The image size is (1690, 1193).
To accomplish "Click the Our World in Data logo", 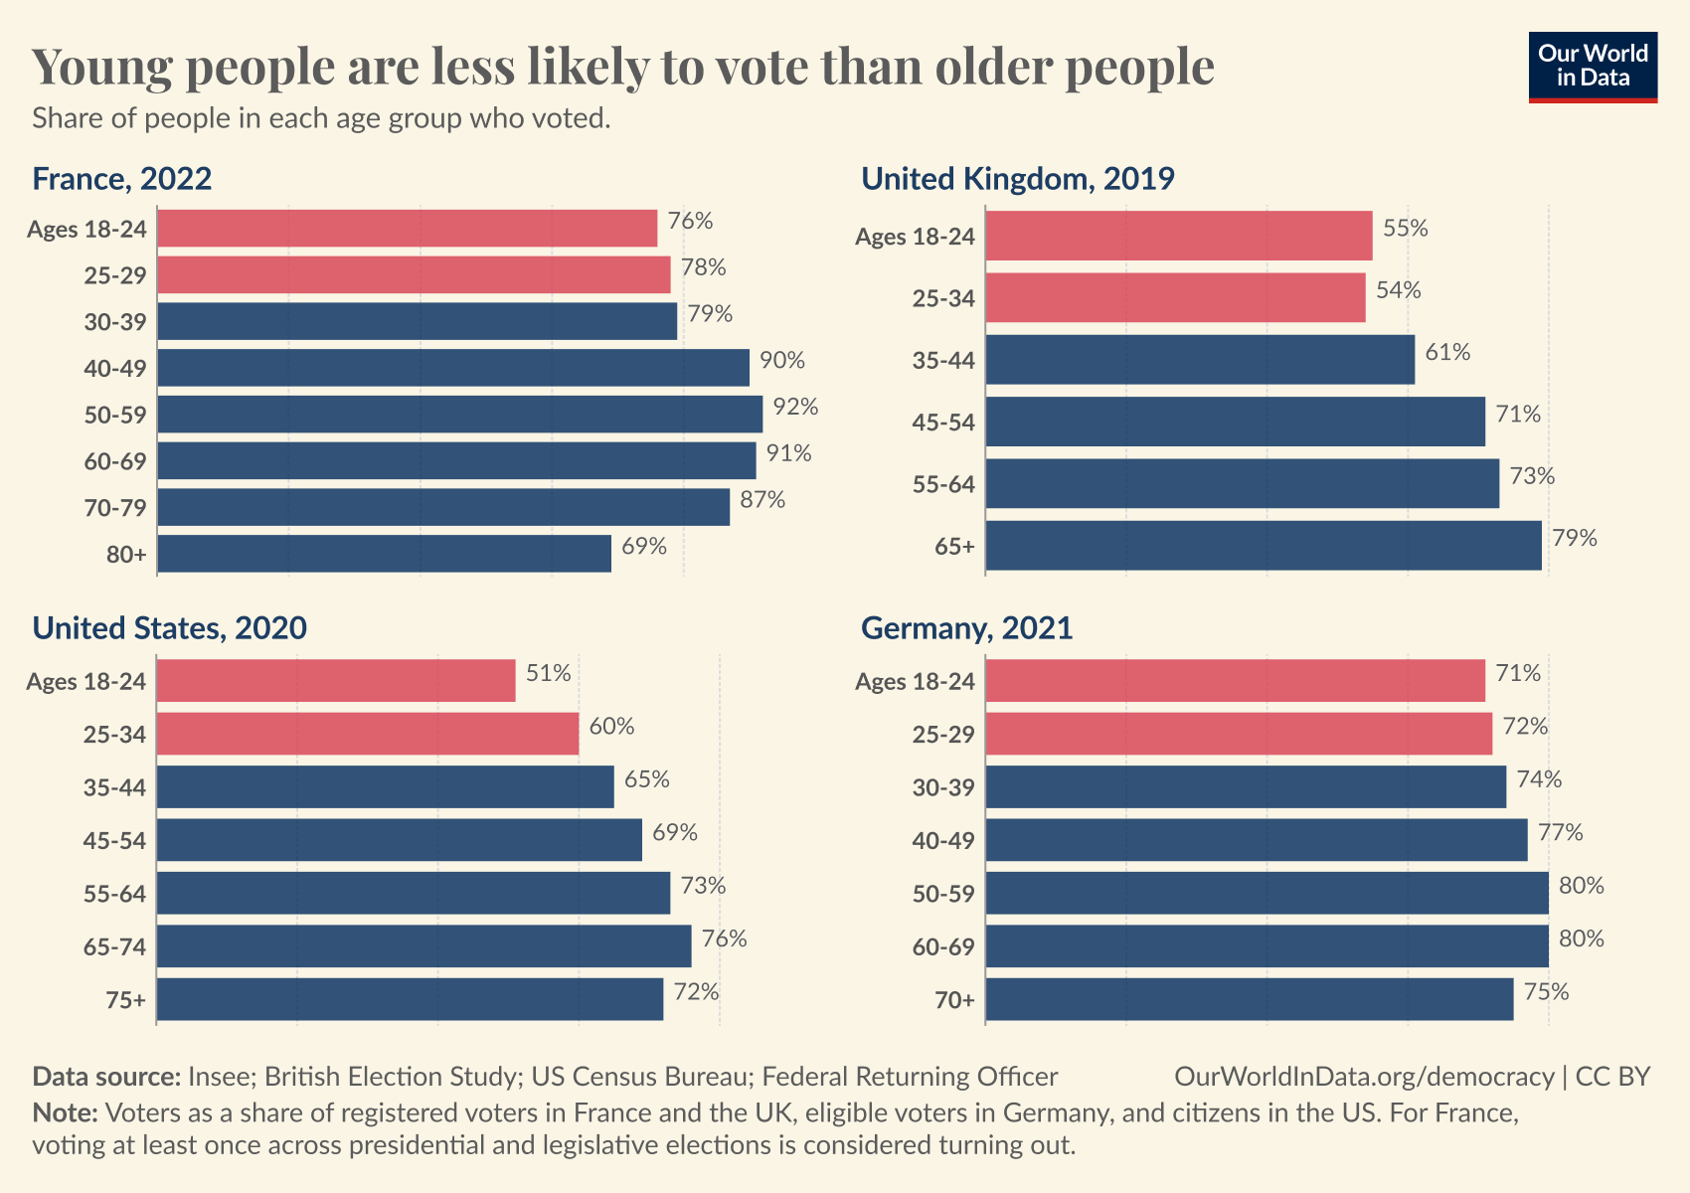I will (x=1593, y=67).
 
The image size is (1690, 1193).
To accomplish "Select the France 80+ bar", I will (x=384, y=554).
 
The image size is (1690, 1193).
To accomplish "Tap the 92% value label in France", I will (x=795, y=407).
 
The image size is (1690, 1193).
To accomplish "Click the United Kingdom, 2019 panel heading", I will (x=1017, y=179).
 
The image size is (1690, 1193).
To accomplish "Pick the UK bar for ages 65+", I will (x=1263, y=546).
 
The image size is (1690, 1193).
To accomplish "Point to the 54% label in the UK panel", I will (x=1398, y=290).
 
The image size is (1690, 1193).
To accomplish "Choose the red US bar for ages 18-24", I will (x=336, y=681).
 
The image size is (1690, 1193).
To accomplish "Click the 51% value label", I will (x=548, y=674).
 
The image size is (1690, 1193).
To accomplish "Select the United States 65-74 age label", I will (x=114, y=946).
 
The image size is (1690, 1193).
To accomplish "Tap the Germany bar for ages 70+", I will (x=1249, y=999).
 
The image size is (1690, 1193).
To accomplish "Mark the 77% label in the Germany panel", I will (x=1560, y=832).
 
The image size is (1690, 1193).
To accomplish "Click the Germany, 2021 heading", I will (x=966, y=628).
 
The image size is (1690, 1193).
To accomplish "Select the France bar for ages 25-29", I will (x=414, y=274).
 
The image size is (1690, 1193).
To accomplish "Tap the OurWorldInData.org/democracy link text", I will (x=1364, y=1077).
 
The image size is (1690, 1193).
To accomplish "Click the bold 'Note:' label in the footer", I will (x=65, y=1111).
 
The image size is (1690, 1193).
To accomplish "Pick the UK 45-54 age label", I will (x=943, y=423).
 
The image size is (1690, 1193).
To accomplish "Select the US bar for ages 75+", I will (x=410, y=999).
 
